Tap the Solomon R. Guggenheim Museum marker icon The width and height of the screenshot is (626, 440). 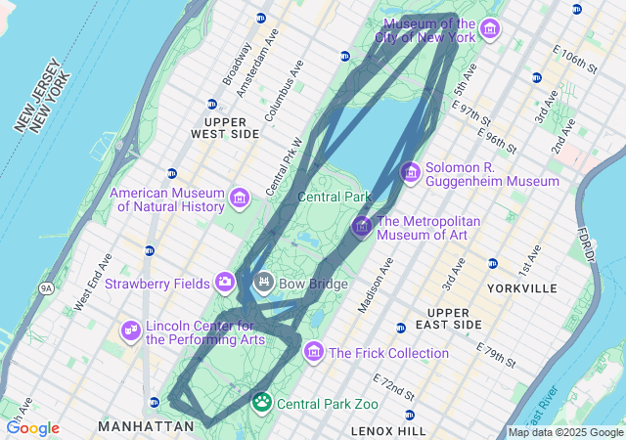[x=411, y=173]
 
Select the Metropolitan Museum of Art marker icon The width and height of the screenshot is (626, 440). [x=362, y=227]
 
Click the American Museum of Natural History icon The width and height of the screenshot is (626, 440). [x=238, y=200]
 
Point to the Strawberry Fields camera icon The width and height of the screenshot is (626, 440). [x=226, y=284]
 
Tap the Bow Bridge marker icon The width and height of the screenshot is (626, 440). [x=263, y=284]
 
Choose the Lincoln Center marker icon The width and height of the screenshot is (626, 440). [x=130, y=331]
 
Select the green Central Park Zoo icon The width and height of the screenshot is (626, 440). [x=262, y=402]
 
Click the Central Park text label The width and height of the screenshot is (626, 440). [x=334, y=197]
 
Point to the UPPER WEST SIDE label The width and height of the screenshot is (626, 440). [x=225, y=127]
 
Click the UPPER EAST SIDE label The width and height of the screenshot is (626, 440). [x=455, y=318]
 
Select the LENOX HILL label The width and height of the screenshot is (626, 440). [x=388, y=430]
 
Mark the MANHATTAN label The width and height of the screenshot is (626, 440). [x=146, y=426]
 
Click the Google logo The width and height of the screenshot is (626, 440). [x=32, y=428]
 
